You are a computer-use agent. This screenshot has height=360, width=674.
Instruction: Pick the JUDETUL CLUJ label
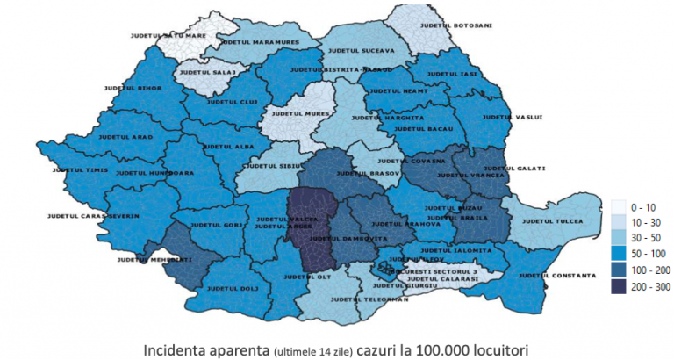(x=220, y=100)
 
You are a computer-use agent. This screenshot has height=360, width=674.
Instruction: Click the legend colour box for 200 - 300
(x=619, y=285)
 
